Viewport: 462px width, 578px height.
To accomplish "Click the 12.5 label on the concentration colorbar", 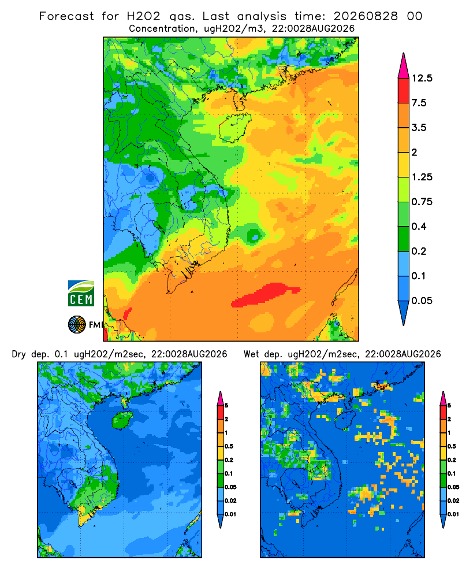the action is click(x=422, y=78).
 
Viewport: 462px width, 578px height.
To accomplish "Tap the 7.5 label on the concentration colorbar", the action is click(x=419, y=103).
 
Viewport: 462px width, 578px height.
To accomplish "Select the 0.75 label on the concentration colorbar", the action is click(x=422, y=202).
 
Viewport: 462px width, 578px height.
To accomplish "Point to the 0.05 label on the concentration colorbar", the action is click(x=422, y=301).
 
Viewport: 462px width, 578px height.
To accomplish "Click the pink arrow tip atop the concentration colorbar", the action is click(x=404, y=66).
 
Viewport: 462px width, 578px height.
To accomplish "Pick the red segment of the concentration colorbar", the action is click(x=404, y=91).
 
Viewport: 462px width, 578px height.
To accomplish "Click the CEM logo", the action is click(x=81, y=294).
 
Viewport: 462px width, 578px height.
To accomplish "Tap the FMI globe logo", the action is click(x=77, y=325).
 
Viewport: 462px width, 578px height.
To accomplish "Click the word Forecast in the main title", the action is click(x=66, y=16).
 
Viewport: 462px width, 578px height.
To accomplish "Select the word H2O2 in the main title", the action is click(x=143, y=16).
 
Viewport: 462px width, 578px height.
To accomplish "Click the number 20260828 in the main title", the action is click(x=366, y=16).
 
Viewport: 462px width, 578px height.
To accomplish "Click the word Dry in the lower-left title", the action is click(x=19, y=355).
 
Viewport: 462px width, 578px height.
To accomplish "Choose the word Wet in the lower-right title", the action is click(x=252, y=354).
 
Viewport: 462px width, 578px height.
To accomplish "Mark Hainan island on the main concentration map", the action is click(x=234, y=128).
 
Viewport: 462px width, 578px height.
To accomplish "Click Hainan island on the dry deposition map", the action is click(x=122, y=420).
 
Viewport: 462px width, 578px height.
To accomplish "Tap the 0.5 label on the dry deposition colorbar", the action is click(x=229, y=446).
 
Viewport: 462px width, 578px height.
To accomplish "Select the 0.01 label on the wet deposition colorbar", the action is click(x=453, y=514).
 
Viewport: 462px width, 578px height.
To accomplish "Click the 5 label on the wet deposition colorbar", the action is click(x=449, y=406).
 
